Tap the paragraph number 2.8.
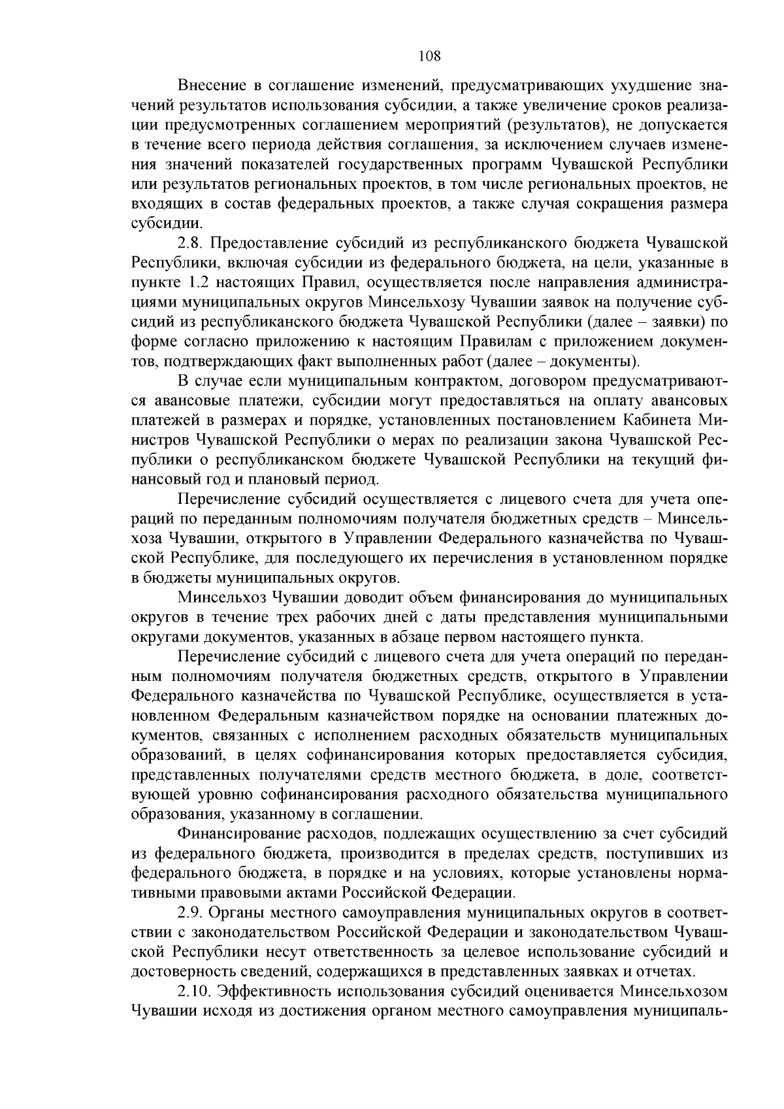point(192,243)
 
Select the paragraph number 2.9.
point(192,912)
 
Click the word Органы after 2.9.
point(239,912)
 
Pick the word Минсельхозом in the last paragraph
point(673,990)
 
